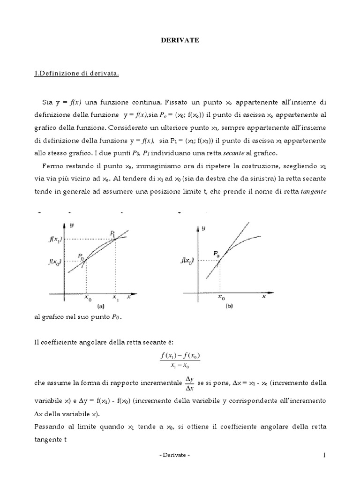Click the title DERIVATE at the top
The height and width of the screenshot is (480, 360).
tap(180, 41)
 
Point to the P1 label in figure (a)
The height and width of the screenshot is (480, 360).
tap(113, 233)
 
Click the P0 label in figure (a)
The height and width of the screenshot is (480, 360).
tap(82, 257)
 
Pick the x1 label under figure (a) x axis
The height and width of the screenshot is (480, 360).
tap(115, 297)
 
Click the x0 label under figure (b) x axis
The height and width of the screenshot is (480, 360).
tap(221, 297)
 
